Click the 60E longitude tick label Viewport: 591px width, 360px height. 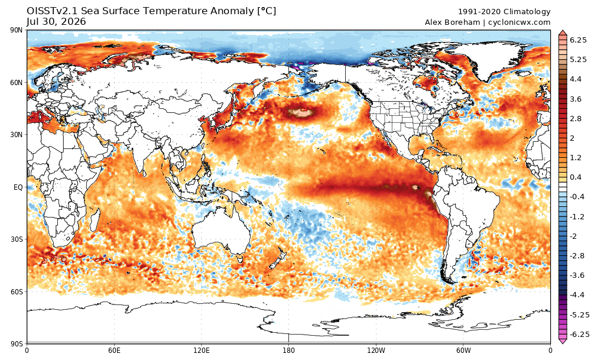[x=114, y=351]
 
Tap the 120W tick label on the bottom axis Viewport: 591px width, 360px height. [x=376, y=351]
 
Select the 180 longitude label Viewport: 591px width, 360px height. [x=289, y=351]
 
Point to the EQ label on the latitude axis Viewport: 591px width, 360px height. [x=18, y=187]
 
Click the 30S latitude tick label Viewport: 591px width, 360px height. [x=17, y=239]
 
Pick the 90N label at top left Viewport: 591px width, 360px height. [x=17, y=30]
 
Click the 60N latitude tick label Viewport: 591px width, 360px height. [x=17, y=83]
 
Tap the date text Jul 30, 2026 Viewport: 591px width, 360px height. [x=57, y=22]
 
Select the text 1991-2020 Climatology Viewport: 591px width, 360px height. [x=504, y=12]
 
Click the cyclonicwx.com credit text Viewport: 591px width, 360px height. [x=519, y=22]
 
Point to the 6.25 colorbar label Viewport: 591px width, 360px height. [x=578, y=40]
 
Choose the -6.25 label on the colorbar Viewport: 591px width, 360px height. [x=577, y=335]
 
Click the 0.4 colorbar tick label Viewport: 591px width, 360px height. [x=576, y=177]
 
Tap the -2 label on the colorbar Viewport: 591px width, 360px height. [x=573, y=236]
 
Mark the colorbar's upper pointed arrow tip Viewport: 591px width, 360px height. [x=563, y=31]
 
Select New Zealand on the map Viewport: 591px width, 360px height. [x=276, y=261]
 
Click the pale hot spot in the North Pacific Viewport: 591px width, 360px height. [x=300, y=112]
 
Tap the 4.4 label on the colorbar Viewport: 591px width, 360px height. [x=575, y=79]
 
